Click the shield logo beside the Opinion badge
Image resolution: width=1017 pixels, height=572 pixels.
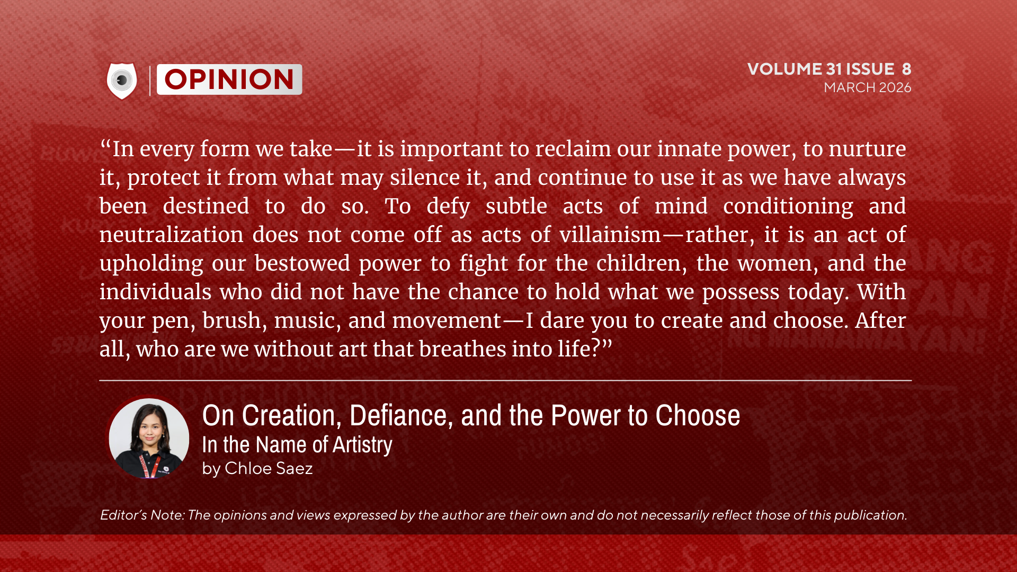pos(122,81)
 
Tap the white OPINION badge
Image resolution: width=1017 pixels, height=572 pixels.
pos(229,79)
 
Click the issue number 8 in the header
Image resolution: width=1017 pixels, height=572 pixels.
pos(907,69)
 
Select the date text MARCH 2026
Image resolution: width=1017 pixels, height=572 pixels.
pos(868,87)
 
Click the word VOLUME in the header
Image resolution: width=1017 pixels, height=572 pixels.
pos(784,69)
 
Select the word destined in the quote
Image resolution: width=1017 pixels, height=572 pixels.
pos(206,206)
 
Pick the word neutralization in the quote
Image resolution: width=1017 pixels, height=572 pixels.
pos(172,235)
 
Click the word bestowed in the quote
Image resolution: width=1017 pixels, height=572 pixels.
pos(302,263)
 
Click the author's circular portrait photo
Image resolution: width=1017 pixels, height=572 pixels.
pos(149,438)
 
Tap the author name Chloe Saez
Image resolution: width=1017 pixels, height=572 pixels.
pos(269,469)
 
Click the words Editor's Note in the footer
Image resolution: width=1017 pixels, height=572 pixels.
pos(142,515)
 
